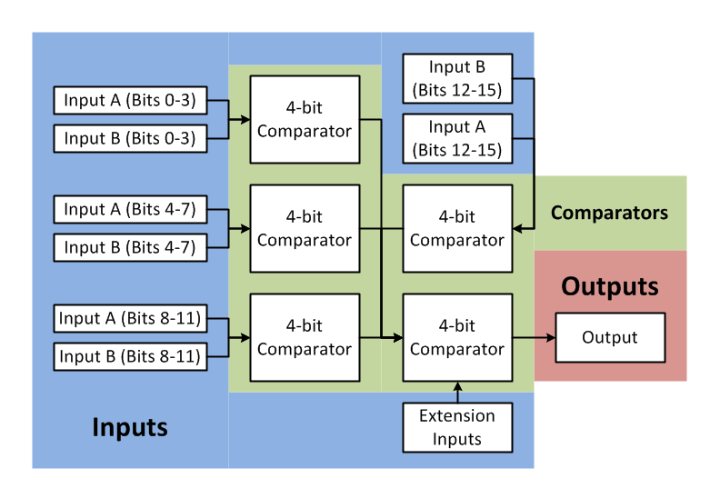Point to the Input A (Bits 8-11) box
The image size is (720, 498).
click(x=130, y=318)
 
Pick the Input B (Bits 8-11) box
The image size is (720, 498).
click(x=130, y=356)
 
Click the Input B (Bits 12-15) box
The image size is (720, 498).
click(x=457, y=78)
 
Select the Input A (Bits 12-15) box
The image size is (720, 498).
click(x=457, y=138)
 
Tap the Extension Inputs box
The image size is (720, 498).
click(x=457, y=428)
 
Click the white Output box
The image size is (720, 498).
click(x=610, y=337)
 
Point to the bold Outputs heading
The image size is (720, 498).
click(x=609, y=286)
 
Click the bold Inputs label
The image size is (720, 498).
click(x=130, y=426)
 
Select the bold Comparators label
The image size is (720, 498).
click(x=609, y=214)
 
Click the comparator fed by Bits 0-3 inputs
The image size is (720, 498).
click(x=305, y=119)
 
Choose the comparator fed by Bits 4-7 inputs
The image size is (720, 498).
click(x=305, y=228)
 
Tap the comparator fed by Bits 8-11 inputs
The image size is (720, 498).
click(x=305, y=337)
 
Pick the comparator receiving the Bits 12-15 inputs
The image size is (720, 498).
click(x=457, y=228)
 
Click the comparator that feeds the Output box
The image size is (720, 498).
click(x=457, y=337)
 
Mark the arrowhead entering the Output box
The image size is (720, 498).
click(x=550, y=337)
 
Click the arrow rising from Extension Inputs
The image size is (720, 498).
click(x=457, y=392)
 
